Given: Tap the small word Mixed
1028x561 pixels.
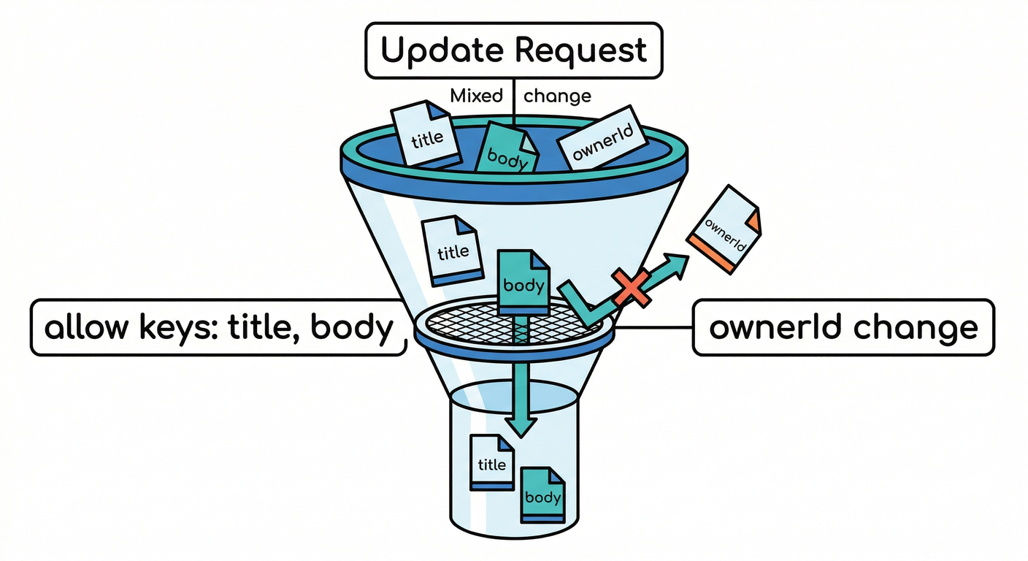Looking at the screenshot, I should tap(477, 96).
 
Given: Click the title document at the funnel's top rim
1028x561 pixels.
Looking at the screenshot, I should tap(426, 135).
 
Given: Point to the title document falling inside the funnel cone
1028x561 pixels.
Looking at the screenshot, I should tap(453, 250).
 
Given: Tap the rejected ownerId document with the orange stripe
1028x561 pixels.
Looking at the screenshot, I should tap(724, 229).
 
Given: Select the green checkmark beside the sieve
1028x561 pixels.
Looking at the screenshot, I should tap(584, 305).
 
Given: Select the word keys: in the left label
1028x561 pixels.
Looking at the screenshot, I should tap(178, 328).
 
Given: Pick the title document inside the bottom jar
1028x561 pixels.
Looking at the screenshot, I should tap(492, 462).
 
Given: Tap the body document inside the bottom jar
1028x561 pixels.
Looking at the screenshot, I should tap(542, 495).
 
